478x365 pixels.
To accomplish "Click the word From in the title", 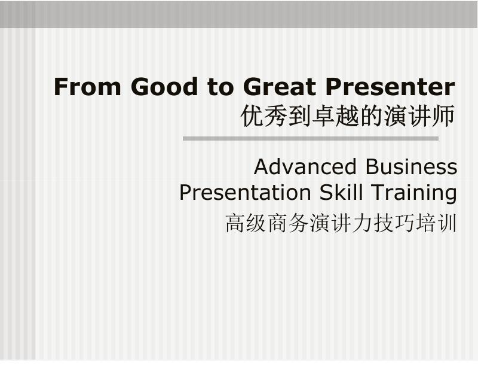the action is coord(87,87).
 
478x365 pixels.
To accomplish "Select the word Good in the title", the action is coord(164,87).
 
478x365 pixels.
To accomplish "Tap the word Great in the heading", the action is coord(280,87).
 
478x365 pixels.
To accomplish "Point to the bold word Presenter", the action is coord(390,87).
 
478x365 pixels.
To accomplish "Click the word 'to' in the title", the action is coord(220,87).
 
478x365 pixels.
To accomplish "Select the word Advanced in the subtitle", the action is coord(305,166).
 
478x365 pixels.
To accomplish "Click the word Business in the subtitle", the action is coord(411,166).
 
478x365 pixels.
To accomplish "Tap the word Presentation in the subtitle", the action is coord(245,192).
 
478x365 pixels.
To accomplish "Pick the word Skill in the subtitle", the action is coord(341,192).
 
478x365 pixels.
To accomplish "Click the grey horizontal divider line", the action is coord(311,139).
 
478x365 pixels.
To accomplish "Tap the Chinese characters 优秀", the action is coord(264,116).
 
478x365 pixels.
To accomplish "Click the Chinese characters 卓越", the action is coord(336,116).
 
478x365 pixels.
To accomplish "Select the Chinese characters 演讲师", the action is coord(419,116).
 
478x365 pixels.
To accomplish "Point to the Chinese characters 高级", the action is coord(245,223).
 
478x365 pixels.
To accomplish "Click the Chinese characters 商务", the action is coord(287,223).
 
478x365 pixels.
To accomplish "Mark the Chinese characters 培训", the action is coord(436,223).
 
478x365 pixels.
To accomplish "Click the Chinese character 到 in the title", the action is coord(300,116).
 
